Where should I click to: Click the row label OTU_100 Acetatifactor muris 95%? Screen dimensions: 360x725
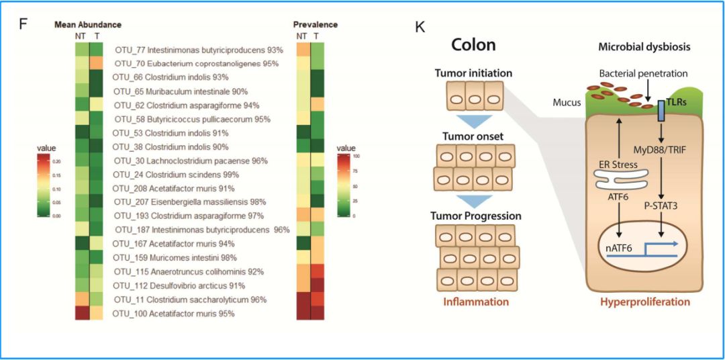pos(173,314)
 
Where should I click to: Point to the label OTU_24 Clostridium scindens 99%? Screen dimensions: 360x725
pos(176,175)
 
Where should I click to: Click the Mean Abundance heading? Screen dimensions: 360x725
pos(88,25)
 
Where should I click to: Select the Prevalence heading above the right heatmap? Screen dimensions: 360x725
pos(315,25)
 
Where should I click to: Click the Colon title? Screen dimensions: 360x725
pos(473,44)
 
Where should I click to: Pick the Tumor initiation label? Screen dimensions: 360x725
pos(474,73)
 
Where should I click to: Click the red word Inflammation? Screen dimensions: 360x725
pos(476,302)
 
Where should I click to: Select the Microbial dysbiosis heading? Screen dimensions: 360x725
pos(644,47)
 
